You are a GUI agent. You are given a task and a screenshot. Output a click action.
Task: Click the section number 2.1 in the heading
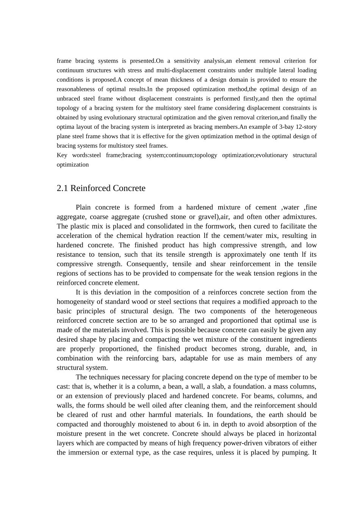(x=63, y=188)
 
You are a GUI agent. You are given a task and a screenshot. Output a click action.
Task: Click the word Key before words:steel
(x=62, y=155)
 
